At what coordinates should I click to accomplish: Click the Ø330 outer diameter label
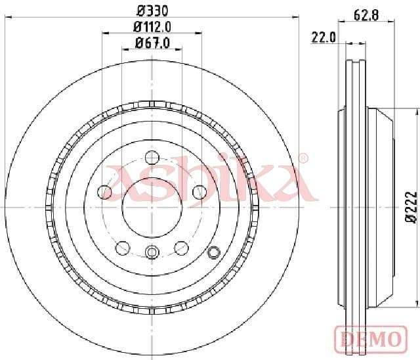pyautogui.click(x=152, y=11)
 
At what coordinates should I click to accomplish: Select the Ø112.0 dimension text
pyautogui.click(x=152, y=27)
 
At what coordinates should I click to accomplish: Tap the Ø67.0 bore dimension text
pyautogui.click(x=152, y=43)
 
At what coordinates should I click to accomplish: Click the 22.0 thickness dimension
pyautogui.click(x=323, y=38)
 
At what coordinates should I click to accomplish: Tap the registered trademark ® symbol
pyautogui.click(x=303, y=158)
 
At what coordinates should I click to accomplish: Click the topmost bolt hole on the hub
pyautogui.click(x=152, y=157)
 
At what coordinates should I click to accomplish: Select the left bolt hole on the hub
pyautogui.click(x=104, y=192)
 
